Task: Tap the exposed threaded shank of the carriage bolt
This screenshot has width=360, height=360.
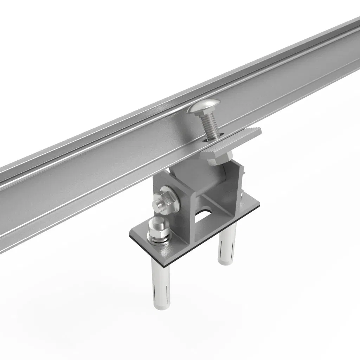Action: pos(209,125)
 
